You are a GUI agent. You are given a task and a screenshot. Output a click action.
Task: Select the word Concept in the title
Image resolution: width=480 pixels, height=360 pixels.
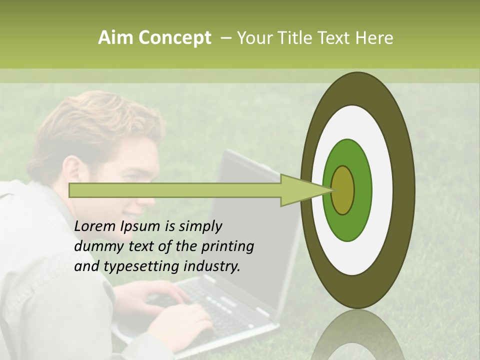[175, 38]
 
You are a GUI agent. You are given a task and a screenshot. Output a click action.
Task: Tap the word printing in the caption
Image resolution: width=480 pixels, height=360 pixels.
[227, 247]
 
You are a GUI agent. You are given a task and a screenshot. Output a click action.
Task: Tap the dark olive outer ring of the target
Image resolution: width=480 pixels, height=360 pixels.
[403, 190]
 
